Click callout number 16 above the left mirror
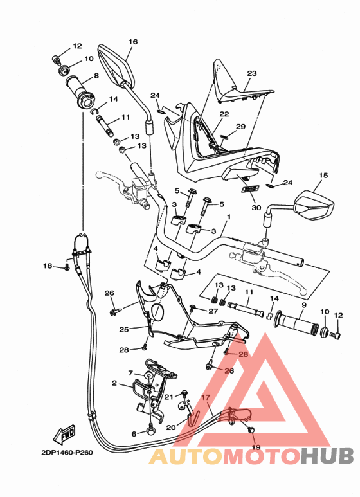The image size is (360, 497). click(x=133, y=42)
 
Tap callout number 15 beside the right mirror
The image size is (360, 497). click(x=323, y=175)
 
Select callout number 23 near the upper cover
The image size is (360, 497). click(x=251, y=73)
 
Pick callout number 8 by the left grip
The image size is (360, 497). click(x=96, y=75)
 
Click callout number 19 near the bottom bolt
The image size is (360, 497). click(x=255, y=447)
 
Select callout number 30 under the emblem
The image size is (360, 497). click(x=255, y=208)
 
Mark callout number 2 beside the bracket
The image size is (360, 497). click(x=114, y=384)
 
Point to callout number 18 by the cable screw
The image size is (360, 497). click(x=48, y=266)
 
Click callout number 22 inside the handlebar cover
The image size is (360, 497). click(x=224, y=114)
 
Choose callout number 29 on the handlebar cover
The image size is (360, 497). click(x=240, y=127)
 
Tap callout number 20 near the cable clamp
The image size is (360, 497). click(x=171, y=427)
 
